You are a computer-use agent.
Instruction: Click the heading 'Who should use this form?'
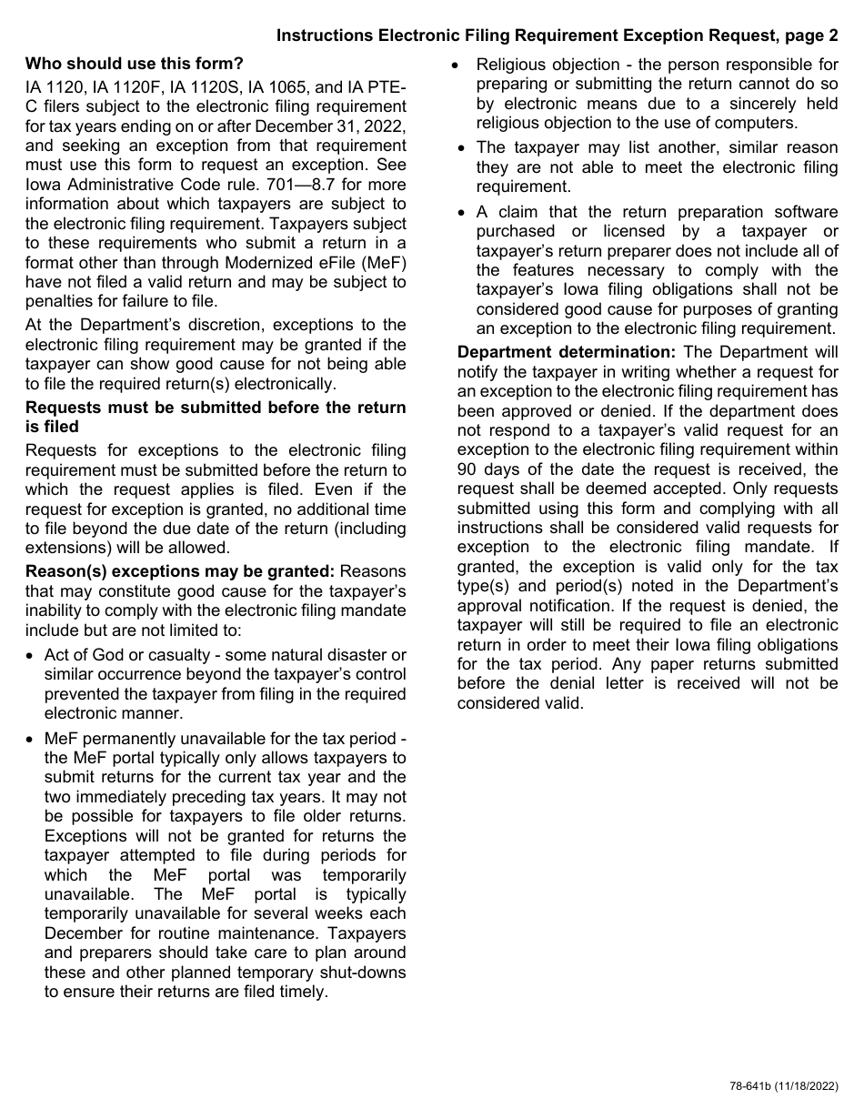135,65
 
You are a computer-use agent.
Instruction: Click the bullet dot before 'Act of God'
33,655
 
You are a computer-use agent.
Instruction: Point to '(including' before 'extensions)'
371,529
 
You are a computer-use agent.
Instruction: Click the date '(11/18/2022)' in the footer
805,1086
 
